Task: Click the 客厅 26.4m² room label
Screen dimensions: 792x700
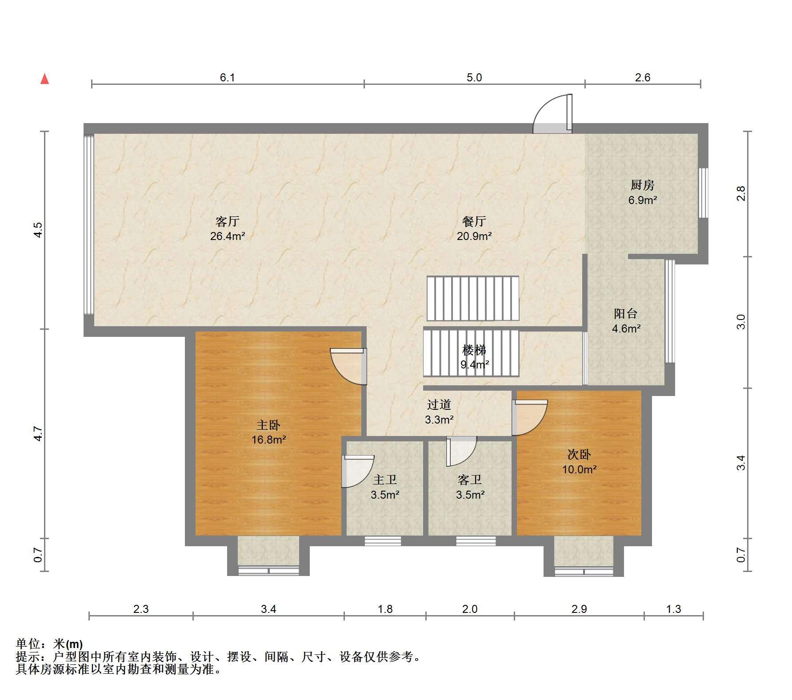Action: click(228, 228)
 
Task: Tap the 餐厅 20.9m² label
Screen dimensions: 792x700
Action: click(474, 228)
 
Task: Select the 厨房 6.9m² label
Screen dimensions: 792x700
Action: click(643, 192)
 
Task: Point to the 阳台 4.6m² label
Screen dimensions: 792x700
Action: click(626, 321)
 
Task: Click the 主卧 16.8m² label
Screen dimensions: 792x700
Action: click(268, 432)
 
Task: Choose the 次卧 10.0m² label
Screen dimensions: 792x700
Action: click(579, 461)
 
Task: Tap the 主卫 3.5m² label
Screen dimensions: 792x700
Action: click(385, 487)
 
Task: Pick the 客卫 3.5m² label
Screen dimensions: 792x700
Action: click(470, 487)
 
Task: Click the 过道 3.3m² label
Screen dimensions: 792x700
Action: click(439, 412)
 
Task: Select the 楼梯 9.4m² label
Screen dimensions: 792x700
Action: click(475, 357)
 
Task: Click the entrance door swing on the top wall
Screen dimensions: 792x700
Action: click(552, 114)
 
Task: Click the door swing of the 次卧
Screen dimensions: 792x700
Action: click(529, 417)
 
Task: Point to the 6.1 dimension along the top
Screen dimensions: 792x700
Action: click(228, 78)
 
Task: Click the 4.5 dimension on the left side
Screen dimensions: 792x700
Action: click(38, 230)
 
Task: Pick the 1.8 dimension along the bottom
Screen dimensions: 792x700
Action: click(385, 609)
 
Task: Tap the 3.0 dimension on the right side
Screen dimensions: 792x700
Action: click(740, 322)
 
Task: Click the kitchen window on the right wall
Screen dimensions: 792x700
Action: click(703, 192)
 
